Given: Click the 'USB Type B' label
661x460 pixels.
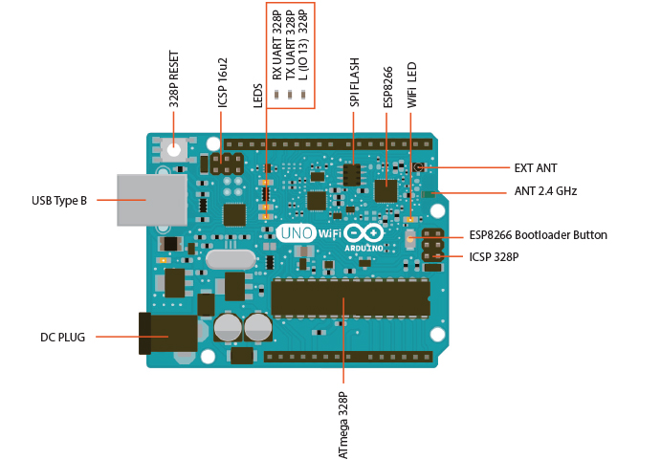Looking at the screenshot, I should pos(59,200).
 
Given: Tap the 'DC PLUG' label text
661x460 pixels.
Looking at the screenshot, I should pos(62,338).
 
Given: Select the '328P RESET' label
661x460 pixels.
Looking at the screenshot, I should pos(174,78).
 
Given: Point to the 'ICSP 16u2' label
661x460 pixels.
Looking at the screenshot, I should pos(223,80).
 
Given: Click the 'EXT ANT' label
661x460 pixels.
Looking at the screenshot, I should pos(535,168).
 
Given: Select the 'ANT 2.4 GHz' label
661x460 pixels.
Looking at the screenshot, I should pos(545,191).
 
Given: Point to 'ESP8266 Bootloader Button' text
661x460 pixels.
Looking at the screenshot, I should pos(538,235).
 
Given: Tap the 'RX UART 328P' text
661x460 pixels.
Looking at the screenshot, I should pos(276,45).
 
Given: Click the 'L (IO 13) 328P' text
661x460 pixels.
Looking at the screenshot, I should pos(303,45).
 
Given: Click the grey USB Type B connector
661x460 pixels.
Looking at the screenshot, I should pos(151,200).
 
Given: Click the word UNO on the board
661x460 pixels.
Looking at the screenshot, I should pos(297,232).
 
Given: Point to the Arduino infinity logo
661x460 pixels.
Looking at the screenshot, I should pos(364,232).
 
